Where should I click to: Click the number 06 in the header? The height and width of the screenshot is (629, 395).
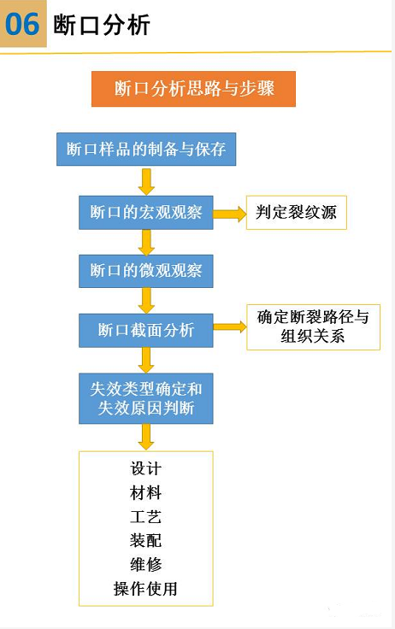pos(22,24)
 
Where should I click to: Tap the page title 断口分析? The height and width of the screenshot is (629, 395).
pos(102,25)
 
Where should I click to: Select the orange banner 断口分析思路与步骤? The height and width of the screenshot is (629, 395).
pos(193,89)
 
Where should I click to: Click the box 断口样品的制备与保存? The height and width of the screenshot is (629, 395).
pos(146,150)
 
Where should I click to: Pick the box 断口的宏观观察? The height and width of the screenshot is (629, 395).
pos(145,212)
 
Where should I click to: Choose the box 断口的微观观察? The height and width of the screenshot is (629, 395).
pos(145,271)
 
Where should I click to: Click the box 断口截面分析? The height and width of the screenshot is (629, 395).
pos(145,330)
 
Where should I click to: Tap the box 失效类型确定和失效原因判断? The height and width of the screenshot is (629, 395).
pos(145,398)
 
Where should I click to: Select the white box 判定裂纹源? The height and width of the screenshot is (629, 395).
pos(296,212)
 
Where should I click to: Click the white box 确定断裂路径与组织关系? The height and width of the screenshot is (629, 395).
pos(313,327)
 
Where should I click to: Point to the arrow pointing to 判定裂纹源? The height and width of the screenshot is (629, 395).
pos(229,214)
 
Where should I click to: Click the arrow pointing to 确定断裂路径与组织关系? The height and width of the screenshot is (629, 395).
pos(229,327)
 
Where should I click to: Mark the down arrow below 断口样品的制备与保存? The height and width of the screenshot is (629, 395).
pos(146,181)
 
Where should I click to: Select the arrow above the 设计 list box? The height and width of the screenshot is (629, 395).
pos(146,437)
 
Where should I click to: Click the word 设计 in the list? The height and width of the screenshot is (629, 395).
pos(145,468)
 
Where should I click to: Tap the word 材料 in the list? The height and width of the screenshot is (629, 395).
pos(145,492)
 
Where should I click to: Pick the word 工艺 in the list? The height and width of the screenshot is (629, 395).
pos(145,517)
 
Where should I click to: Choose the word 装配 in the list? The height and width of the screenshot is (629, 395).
pos(145,540)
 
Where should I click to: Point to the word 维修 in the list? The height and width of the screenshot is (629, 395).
pos(145,564)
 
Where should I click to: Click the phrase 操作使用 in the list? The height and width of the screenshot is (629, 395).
pos(145,589)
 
